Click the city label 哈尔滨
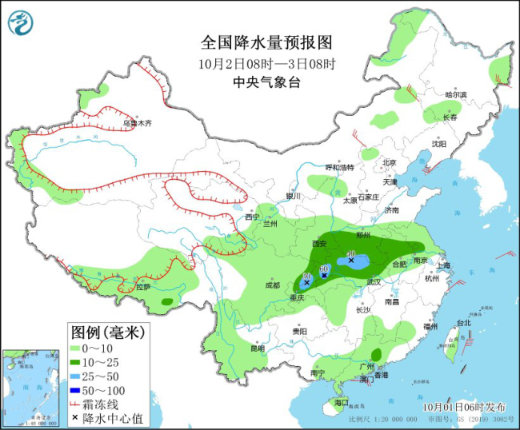point(455,95)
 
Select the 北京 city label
point(389,162)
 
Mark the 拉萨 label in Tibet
point(143,286)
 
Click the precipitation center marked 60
point(324,274)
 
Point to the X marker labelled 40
point(351,260)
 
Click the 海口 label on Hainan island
point(342,402)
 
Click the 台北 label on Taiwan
point(463,323)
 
